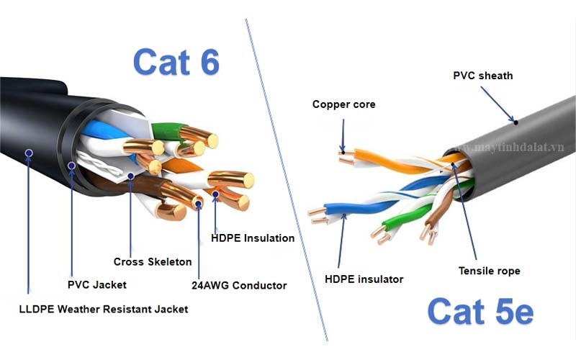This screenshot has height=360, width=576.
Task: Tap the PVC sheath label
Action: point(482,75)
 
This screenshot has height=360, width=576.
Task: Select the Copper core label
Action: point(343,104)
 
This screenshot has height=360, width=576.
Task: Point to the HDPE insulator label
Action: point(364,279)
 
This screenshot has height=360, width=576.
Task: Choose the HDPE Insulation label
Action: point(252,238)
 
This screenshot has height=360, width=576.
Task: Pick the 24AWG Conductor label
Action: point(240,285)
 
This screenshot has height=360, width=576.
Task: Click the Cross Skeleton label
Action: point(153,261)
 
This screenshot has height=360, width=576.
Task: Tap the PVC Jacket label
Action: point(97,284)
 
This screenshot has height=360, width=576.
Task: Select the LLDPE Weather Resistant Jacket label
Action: point(103,309)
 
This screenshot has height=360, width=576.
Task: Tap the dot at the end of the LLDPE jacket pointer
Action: point(28,153)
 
